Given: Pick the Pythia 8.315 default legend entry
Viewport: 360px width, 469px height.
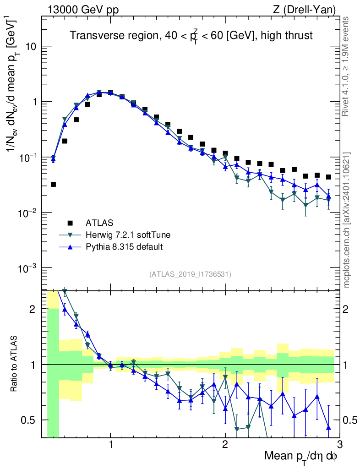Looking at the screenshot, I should pyautogui.click(x=124, y=247).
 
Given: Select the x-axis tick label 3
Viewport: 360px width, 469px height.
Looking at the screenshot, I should pyautogui.click(x=339, y=444).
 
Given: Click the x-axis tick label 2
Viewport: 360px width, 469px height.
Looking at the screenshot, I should pyautogui.click(x=225, y=444).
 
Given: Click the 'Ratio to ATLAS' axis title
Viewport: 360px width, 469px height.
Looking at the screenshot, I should pyautogui.click(x=15, y=364).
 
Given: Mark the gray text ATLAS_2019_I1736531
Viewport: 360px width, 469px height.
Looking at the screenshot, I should pyautogui.click(x=190, y=274).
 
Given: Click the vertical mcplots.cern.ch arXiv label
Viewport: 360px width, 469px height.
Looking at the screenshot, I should pyautogui.click(x=348, y=220).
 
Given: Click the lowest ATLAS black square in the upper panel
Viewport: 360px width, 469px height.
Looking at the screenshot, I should pyautogui.click(x=53, y=184).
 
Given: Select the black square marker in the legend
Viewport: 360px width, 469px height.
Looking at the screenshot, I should pyautogui.click(x=70, y=223).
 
